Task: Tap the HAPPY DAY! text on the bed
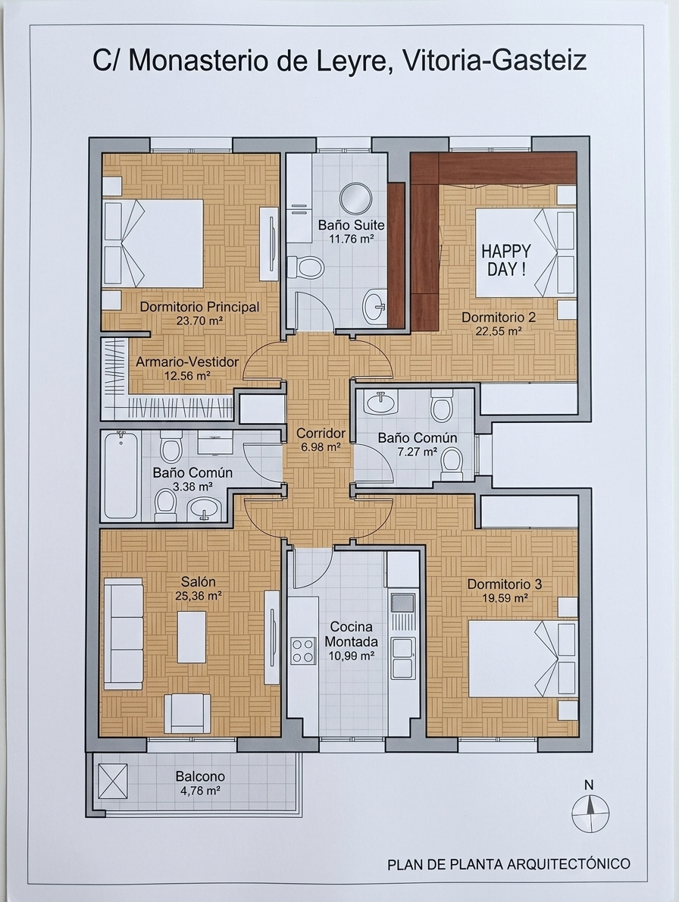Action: click(506, 260)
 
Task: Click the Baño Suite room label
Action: click(352, 224)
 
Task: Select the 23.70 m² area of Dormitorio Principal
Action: click(199, 321)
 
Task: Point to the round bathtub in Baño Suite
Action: click(356, 199)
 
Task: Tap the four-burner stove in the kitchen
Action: click(303, 650)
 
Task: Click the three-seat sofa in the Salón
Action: click(124, 634)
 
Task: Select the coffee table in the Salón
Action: click(192, 637)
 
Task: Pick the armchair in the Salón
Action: click(187, 713)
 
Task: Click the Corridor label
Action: click(321, 433)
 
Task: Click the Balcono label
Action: click(200, 777)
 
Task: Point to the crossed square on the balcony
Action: click(113, 781)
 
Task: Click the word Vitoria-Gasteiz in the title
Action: click(495, 61)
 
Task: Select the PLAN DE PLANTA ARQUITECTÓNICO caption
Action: click(508, 863)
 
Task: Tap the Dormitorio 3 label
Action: click(504, 584)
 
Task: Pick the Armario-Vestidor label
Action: click(187, 362)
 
